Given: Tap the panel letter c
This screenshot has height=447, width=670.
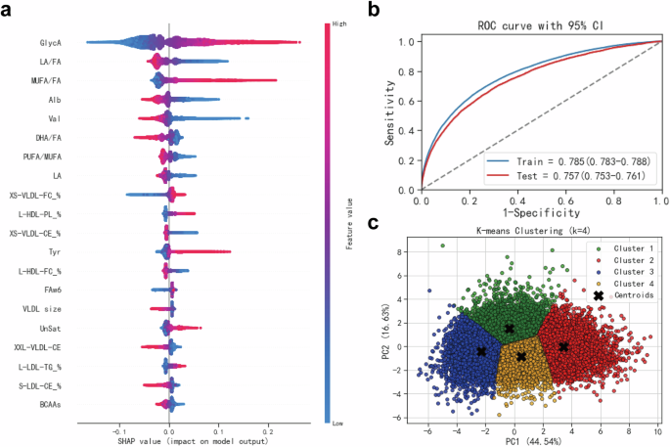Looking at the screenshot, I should point(373,223).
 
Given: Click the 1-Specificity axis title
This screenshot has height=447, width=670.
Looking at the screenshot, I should point(541,212).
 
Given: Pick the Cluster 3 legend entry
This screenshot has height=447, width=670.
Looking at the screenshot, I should point(625,271).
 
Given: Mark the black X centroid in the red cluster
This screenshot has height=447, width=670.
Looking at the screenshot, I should point(563,346).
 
